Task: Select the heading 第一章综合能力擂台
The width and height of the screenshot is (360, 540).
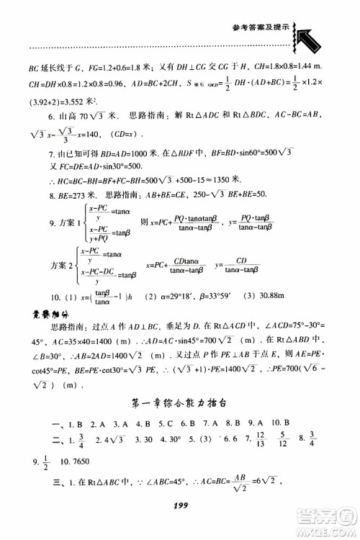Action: point(179,401)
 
